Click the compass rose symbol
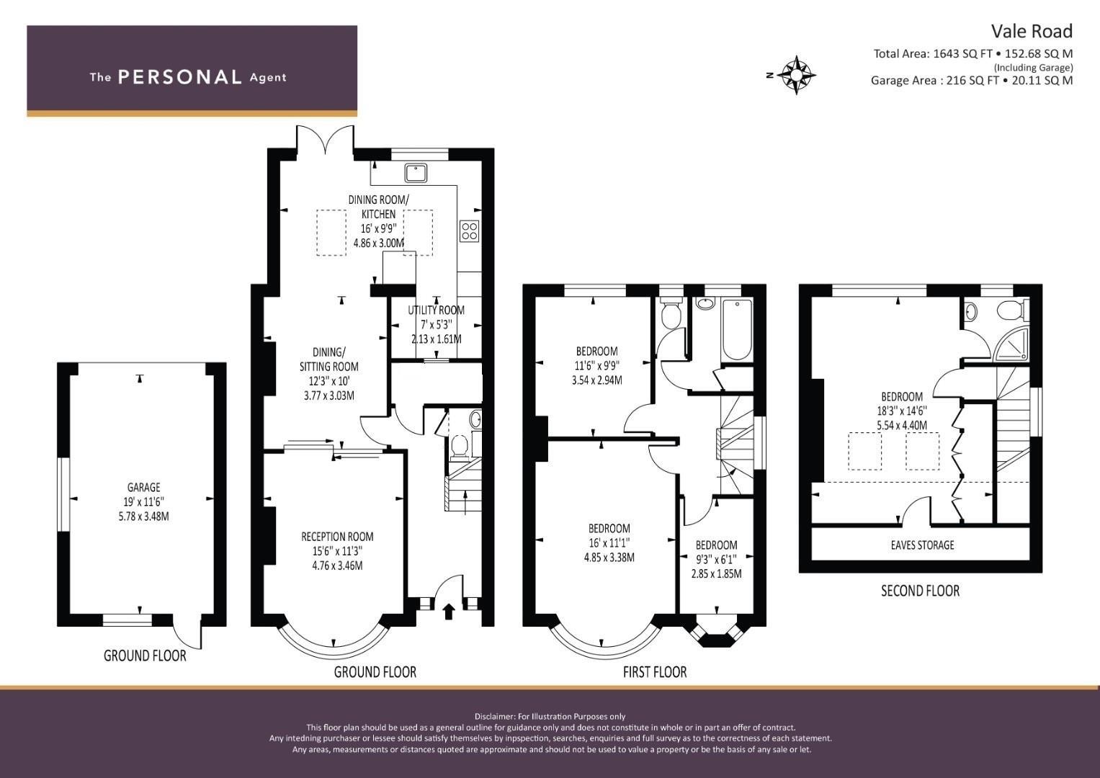click(x=796, y=75)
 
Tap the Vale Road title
click(x=1032, y=32)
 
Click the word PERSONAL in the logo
click(x=180, y=77)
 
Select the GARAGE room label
click(x=144, y=487)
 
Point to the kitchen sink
click(x=416, y=173)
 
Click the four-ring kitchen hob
click(x=470, y=231)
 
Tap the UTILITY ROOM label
click(x=436, y=310)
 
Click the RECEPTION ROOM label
click(x=337, y=537)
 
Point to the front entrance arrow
click(x=448, y=612)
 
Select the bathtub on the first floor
click(x=737, y=329)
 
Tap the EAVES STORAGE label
click(x=922, y=545)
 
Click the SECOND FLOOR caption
click(x=920, y=591)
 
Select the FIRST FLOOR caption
click(x=655, y=671)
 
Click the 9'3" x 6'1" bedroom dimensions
click(x=716, y=560)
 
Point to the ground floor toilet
click(x=459, y=446)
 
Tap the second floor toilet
click(x=1011, y=310)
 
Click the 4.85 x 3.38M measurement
click(x=609, y=558)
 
